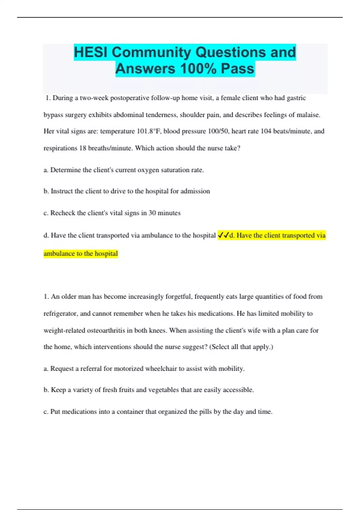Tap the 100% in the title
click(198, 69)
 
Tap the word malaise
click(308, 115)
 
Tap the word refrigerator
click(61, 313)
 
